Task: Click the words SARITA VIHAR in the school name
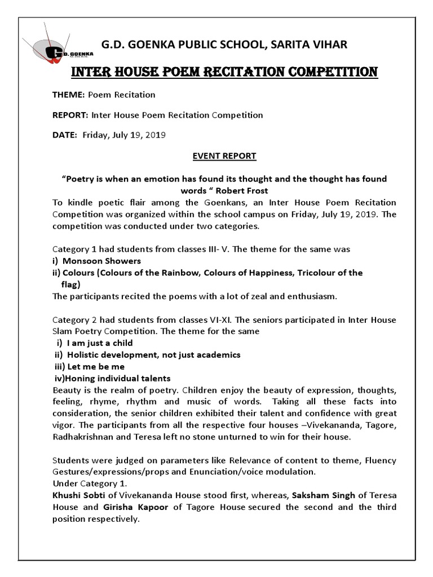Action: (x=316, y=43)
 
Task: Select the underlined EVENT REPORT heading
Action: (x=225, y=156)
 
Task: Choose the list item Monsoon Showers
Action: (x=101, y=261)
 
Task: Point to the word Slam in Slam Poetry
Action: (x=63, y=331)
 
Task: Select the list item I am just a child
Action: (x=100, y=343)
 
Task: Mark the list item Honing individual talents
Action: (x=118, y=378)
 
